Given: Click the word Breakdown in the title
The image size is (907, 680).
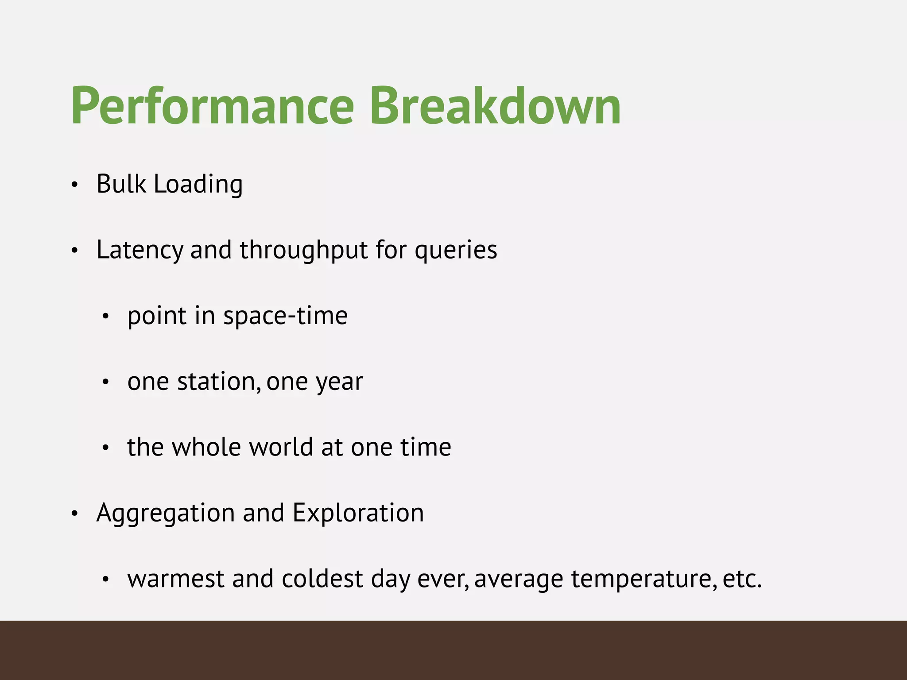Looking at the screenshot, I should [x=495, y=106].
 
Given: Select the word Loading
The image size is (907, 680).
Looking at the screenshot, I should [x=198, y=185].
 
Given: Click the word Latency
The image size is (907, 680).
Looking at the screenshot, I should [x=140, y=250].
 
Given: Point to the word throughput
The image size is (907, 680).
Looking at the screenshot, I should [x=303, y=250].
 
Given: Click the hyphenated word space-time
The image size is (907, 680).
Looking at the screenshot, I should [x=285, y=316].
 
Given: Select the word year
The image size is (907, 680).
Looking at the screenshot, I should [x=339, y=382].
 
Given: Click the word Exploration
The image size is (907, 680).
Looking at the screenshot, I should [x=358, y=513].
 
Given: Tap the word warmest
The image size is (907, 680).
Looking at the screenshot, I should [x=175, y=579].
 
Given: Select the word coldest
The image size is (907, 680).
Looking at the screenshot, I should [x=322, y=579].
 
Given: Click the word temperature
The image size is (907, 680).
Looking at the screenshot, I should [x=643, y=580].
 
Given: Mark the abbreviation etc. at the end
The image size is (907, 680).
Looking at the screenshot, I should [x=742, y=579].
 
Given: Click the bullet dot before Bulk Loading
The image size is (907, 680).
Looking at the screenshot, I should [x=74, y=185].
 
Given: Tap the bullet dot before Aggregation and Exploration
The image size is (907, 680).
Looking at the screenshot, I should [x=74, y=514].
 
